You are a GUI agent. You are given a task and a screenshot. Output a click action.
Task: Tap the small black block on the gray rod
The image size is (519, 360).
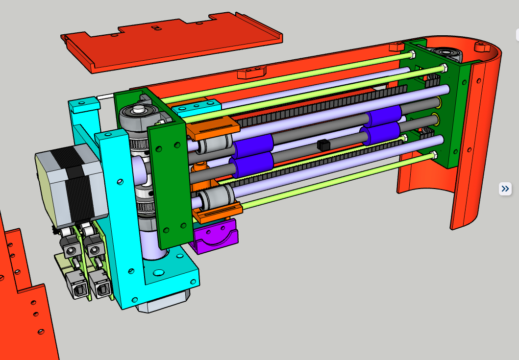click(x=322, y=144)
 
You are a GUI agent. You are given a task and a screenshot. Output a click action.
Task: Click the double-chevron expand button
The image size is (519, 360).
click(x=505, y=189)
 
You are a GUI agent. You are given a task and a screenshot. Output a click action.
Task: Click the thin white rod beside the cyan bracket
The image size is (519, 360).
click(x=105, y=97)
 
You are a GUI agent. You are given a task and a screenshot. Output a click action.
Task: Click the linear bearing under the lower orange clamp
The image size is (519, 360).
click(x=211, y=199)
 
